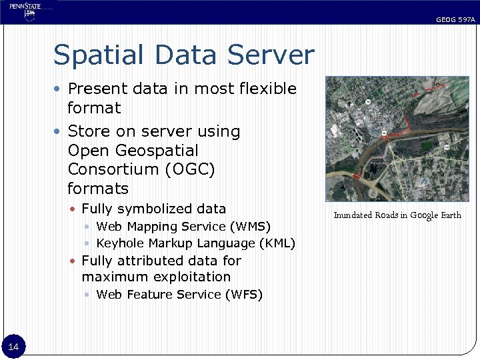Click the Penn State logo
pyautogui.click(x=25, y=11)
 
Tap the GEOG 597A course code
pyautogui.click(x=455, y=20)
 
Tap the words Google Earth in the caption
pyautogui.click(x=435, y=215)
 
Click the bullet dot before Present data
pyautogui.click(x=59, y=89)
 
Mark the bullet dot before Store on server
pyautogui.click(x=59, y=131)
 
